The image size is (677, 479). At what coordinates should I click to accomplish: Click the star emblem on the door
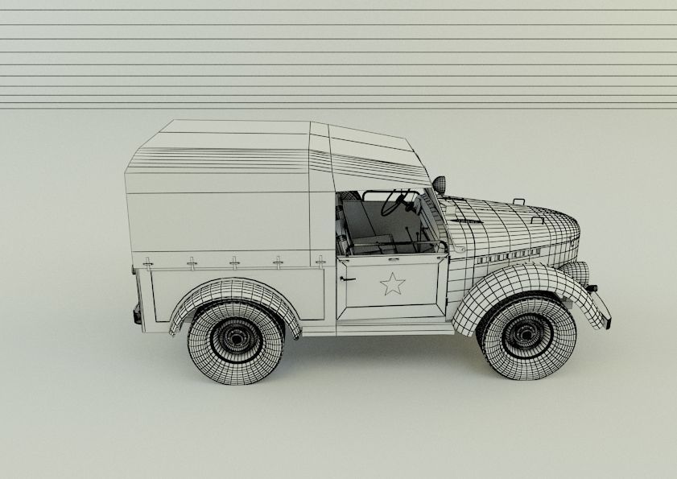coord(392,283)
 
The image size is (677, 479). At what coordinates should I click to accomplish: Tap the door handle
coord(347,279)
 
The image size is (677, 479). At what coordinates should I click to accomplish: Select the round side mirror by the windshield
coord(439,184)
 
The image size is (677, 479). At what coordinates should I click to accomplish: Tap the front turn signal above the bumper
coord(592,287)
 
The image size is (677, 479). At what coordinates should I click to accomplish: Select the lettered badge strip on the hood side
coord(506,256)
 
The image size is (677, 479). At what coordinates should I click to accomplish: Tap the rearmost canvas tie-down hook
coord(147,262)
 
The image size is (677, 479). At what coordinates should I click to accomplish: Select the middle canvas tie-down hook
coord(234,262)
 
